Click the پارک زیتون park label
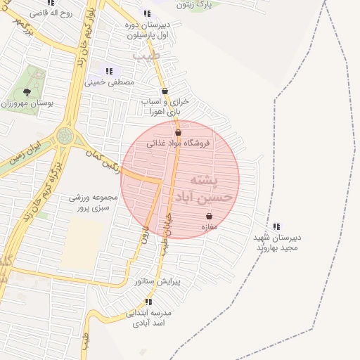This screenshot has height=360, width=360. (x=193, y=5)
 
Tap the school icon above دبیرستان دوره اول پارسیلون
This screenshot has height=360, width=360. (x=146, y=13)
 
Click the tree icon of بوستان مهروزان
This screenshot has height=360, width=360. (x=27, y=92)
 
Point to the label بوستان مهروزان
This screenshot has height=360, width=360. (x=27, y=103)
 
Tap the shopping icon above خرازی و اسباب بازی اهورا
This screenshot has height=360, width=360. (x=165, y=91)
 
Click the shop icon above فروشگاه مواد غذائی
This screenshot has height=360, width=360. (x=178, y=132)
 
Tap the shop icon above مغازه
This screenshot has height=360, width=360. (x=209, y=217)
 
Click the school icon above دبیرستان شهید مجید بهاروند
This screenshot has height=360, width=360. (x=276, y=226)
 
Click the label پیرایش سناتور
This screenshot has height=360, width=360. (x=158, y=281)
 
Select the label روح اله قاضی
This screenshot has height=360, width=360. (x=56, y=12)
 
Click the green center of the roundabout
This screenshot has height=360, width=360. (x=65, y=135)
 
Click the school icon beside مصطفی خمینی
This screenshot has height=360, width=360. (x=109, y=70)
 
